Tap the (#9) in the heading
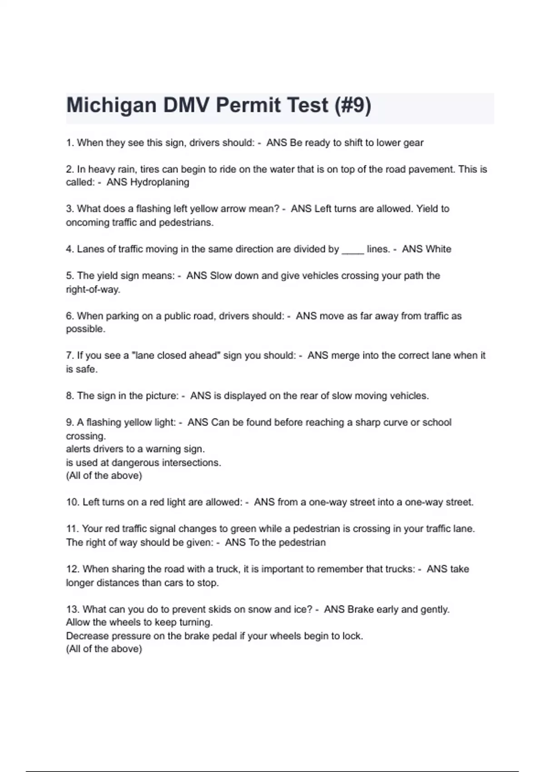tap(352, 106)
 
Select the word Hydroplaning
tap(159, 183)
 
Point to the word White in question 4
tap(438, 249)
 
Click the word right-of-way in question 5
tap(93, 290)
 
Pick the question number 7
tap(69, 356)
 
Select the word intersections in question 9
tap(195, 463)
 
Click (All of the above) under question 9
tap(104, 476)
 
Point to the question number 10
tap(73, 502)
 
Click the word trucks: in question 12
tap(399, 569)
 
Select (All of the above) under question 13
tap(104, 649)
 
